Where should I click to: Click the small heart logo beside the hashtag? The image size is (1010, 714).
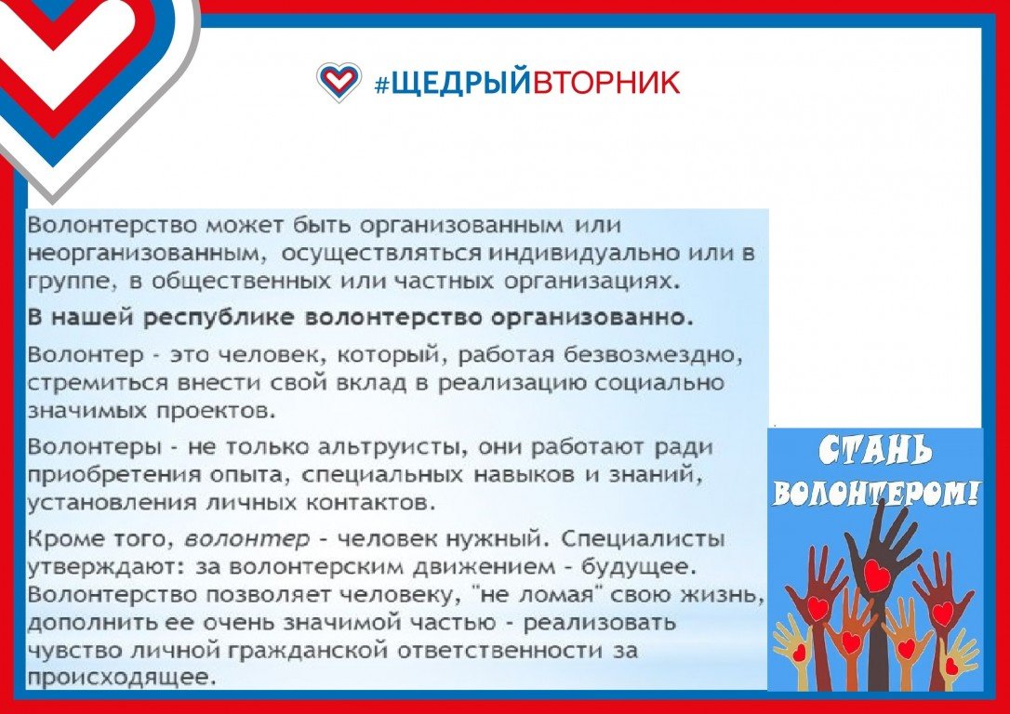(339, 82)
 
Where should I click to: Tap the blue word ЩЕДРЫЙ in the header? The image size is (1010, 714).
(460, 83)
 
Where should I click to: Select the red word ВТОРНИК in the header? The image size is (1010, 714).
(605, 83)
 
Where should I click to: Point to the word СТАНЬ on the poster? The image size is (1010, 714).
(875, 452)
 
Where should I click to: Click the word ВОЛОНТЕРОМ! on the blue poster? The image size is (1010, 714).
(875, 493)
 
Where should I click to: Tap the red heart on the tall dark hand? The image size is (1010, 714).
(876, 575)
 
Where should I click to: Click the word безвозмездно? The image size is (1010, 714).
(653, 355)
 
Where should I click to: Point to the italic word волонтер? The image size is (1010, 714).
(246, 539)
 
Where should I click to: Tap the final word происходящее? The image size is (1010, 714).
(120, 678)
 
